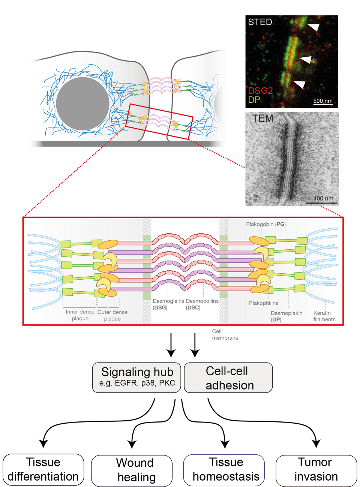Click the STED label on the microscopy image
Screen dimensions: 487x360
pos(260,22)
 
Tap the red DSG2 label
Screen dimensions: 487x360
pos(260,91)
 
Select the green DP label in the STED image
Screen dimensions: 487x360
pos(254,100)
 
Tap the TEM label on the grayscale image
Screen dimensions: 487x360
pos(262,118)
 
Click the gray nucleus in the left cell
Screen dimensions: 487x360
pos(83,104)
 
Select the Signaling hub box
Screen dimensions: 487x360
pos(137,377)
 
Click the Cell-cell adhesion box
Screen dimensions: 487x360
pos(228,378)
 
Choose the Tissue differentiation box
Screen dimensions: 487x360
pos(43,469)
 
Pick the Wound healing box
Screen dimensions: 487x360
pos(132,470)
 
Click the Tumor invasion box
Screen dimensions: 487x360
pos(316,470)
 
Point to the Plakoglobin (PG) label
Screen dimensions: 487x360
pos(265,224)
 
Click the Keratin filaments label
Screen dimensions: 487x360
pos(324,316)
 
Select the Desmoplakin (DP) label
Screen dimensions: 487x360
pos(286,316)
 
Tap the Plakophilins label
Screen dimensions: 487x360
pos(264,303)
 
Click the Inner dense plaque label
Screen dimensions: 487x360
pos(80,315)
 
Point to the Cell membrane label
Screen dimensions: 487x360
pos(225,334)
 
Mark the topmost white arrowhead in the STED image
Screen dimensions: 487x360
pos(313,27)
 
